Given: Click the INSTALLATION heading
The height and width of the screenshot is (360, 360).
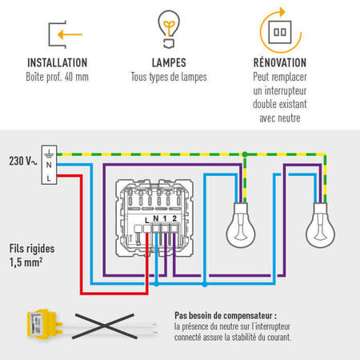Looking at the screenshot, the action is coord(58,63).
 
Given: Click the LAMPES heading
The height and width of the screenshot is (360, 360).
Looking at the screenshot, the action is coord(169,63).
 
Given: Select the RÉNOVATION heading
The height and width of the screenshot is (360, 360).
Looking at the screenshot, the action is coord(280,62).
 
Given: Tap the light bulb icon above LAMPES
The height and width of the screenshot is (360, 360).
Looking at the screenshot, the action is coord(169,29).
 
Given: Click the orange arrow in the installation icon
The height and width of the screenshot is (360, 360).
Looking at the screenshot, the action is coord(70,34).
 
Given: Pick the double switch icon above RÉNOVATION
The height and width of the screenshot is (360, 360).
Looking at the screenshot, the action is coord(280,32).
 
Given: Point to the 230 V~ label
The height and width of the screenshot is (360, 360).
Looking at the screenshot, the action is coord(23,161).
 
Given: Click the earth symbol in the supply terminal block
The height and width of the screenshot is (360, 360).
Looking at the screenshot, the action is coord(49,154).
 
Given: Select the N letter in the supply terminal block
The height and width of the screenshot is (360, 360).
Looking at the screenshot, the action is coord(49,165).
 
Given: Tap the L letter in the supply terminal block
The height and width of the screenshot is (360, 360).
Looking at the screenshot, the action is coord(49,178).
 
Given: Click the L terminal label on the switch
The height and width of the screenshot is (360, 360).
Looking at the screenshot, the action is coord(146,221).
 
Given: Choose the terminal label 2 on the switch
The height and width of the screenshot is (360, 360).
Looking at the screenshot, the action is coord(174,218).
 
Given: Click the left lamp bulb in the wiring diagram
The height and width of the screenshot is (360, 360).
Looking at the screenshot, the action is coord(241,226).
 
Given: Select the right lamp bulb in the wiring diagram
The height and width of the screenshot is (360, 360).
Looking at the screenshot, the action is coord(320,226).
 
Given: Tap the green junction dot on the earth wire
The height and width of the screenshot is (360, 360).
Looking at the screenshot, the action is coord(245,154).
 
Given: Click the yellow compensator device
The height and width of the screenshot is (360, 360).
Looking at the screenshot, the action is coord(44,325).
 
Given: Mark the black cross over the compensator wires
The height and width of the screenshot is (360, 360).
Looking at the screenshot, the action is coord(105,326).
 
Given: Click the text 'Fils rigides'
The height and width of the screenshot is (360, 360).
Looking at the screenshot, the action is coord(32,249).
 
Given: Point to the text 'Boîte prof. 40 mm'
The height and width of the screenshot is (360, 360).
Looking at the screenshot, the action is coord(57,77).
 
